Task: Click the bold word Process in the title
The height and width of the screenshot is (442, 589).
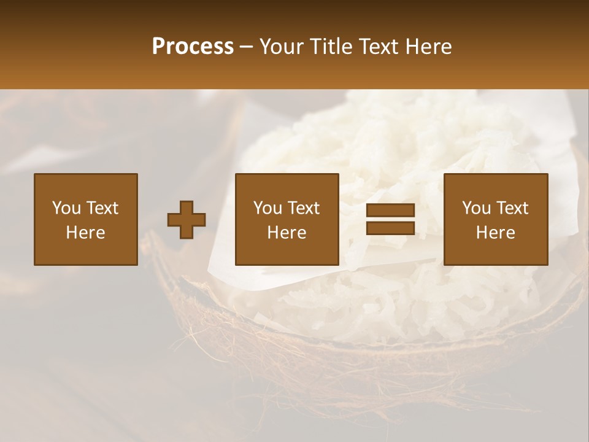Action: tap(193, 47)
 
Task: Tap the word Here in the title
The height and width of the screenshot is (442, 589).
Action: tap(428, 47)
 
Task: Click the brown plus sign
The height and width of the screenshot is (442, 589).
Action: tap(187, 220)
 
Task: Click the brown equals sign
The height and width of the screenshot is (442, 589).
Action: tap(390, 219)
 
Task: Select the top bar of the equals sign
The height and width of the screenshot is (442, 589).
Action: tap(390, 211)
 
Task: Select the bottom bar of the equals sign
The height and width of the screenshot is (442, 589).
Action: tap(390, 228)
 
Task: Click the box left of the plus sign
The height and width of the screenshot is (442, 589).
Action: tap(86, 219)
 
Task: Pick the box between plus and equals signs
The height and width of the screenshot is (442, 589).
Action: tap(287, 219)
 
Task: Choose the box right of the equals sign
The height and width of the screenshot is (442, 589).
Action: tap(496, 219)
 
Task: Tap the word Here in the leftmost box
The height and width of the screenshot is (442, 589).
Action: tap(86, 233)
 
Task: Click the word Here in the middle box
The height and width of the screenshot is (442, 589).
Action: tap(287, 233)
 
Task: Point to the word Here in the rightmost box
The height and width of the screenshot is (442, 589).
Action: tap(496, 233)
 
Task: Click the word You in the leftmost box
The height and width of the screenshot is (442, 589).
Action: tap(66, 208)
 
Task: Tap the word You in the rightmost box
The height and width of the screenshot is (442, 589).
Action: tap(477, 208)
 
